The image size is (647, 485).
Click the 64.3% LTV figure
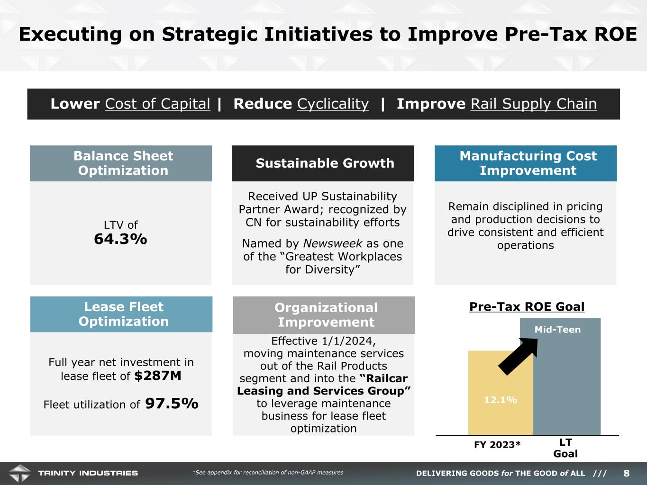pos(120,239)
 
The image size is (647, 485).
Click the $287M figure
pos(158,376)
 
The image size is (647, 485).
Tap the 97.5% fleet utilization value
pos(172,404)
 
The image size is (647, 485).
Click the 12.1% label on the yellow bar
pos(501,400)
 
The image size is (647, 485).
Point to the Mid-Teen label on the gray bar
pos(557,330)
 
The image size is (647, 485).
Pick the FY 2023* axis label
pos(497,444)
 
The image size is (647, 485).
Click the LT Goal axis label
pos(565,448)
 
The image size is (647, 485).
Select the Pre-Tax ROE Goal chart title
pos(527,307)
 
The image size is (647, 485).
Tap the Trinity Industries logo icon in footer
pos(19,473)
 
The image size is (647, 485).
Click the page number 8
pos(626,473)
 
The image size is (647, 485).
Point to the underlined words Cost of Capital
pos(157,104)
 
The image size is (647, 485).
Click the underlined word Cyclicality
pos(333,104)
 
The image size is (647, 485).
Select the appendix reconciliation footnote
pos(268,472)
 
